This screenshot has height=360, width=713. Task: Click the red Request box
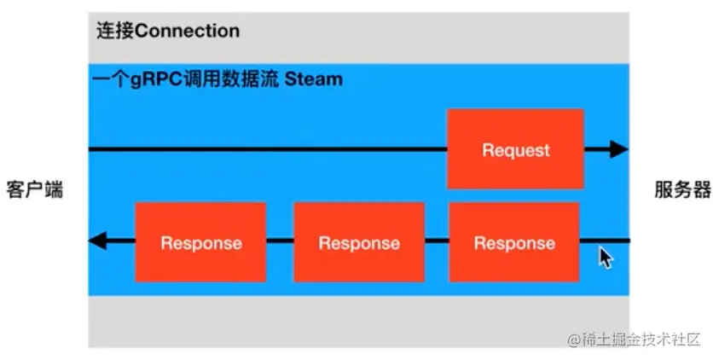(516, 149)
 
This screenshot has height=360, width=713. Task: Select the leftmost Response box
(200, 242)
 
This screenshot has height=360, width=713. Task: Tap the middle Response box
(359, 242)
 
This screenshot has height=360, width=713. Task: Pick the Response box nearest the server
(514, 242)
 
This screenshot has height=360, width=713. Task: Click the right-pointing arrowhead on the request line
(618, 150)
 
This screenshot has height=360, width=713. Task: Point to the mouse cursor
(606, 257)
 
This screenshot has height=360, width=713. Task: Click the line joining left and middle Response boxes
(280, 242)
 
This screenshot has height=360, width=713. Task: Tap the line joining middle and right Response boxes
(437, 242)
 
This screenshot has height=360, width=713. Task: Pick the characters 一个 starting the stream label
(106, 79)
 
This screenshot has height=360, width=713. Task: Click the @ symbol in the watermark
(573, 340)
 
